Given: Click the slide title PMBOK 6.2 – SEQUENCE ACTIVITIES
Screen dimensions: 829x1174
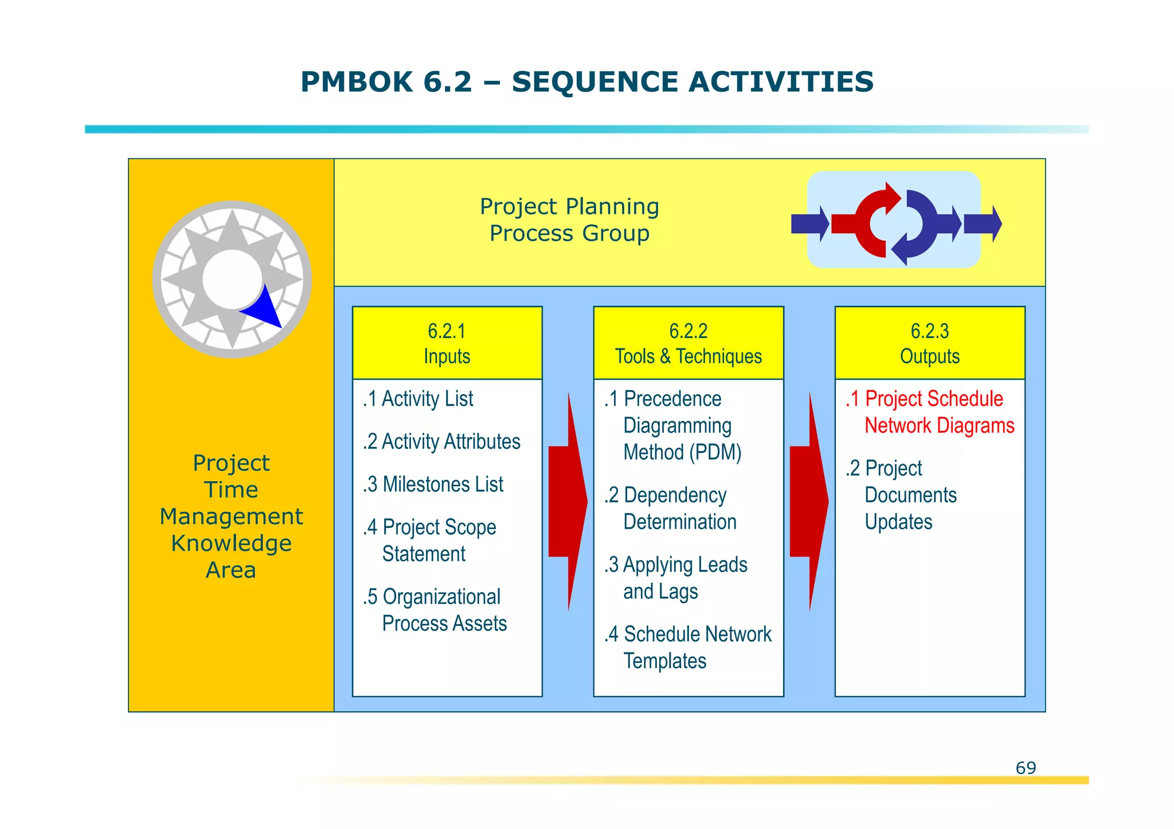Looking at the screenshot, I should click(587, 81).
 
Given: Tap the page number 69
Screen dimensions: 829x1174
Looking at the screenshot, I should click(1025, 768).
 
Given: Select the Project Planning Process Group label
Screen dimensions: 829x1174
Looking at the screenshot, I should click(569, 220).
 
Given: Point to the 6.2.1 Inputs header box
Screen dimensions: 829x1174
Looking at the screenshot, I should click(447, 343).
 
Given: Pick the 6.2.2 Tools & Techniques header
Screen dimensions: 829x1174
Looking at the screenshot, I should click(688, 343).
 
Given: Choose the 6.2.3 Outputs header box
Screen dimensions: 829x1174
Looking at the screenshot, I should click(930, 343).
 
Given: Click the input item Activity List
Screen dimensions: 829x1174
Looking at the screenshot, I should click(418, 399).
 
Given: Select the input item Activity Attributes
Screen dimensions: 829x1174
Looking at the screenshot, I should click(442, 442).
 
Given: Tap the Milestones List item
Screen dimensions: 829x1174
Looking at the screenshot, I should click(433, 485).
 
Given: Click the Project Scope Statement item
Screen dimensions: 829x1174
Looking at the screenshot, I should click(430, 540).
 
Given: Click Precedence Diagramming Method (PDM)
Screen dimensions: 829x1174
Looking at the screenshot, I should click(674, 426).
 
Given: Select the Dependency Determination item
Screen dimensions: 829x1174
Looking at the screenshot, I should click(671, 508).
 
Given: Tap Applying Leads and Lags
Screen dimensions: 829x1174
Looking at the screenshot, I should click(676, 578).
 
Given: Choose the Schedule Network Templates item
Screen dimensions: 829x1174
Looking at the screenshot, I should click(688, 647).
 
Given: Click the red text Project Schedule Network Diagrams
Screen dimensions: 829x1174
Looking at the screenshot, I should click(930, 412).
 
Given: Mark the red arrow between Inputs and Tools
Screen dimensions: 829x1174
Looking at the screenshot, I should click(568, 501).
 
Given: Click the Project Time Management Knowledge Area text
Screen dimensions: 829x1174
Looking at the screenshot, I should click(231, 516).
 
